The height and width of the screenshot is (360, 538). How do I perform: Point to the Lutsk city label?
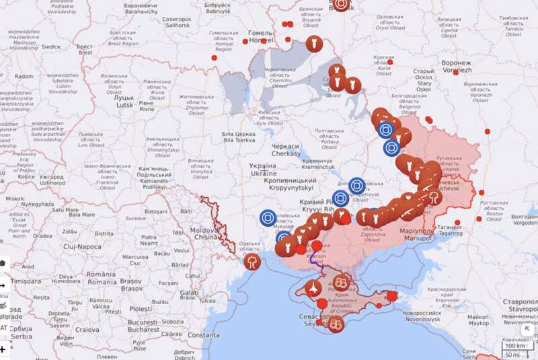[x=124, y=101]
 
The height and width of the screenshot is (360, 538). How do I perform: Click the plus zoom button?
[x=3, y=349]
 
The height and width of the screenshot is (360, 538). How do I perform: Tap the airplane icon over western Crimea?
[x=313, y=288]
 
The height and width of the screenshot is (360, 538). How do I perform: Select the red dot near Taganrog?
[x=457, y=222]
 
